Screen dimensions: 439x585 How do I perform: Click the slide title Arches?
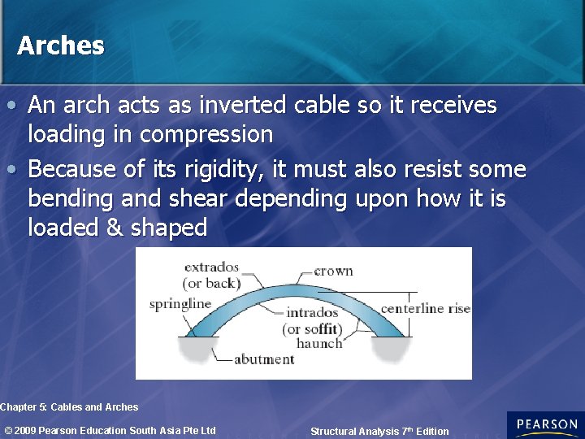pyautogui.click(x=61, y=46)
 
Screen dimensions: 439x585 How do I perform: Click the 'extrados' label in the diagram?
pyautogui.click(x=211, y=267)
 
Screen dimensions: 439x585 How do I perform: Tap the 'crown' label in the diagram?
pyautogui.click(x=333, y=271)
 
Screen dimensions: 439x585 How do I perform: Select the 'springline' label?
pyautogui.click(x=180, y=304)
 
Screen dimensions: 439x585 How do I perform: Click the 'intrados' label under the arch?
pyautogui.click(x=312, y=313)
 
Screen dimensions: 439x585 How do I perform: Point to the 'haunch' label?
pyautogui.click(x=319, y=343)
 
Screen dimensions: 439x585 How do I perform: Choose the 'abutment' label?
pyautogui.click(x=264, y=359)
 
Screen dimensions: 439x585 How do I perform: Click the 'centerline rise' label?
pyautogui.click(x=425, y=308)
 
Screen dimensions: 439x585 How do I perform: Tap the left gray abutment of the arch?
pyautogui.click(x=194, y=350)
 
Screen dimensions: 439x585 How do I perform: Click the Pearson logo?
pyautogui.click(x=546, y=424)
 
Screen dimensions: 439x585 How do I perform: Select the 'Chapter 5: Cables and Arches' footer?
pyautogui.click(x=70, y=406)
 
